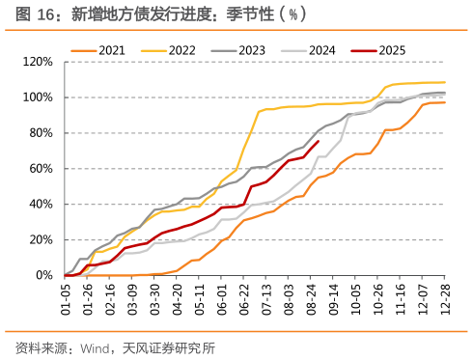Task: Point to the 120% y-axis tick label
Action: [x=38, y=62]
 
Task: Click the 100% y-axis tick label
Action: [x=38, y=97]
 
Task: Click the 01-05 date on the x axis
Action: [x=67, y=298]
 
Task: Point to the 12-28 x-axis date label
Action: [x=446, y=298]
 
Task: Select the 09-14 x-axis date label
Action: [x=333, y=298]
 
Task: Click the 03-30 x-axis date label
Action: [x=155, y=298]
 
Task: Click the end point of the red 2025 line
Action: [x=319, y=142]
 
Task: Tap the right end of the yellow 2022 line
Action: [x=445, y=82]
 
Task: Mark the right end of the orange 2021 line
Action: [x=445, y=102]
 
